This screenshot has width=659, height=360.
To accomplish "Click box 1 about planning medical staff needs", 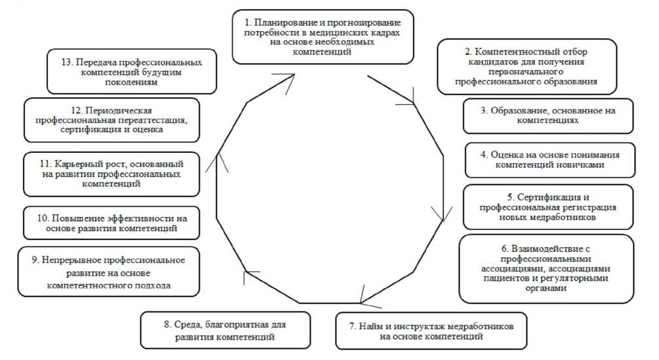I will tap(323, 36).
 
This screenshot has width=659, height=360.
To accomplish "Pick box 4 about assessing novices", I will tap(549, 159).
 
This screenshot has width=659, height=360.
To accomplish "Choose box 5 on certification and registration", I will tap(549, 206).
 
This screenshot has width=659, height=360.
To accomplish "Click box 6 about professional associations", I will tap(547, 269).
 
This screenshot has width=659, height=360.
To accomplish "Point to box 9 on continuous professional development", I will tap(109, 272).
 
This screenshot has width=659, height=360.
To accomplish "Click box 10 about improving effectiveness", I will tap(110, 224).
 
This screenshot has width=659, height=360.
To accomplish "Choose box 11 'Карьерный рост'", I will tap(110, 174).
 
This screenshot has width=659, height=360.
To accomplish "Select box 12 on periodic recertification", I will tap(110, 119).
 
